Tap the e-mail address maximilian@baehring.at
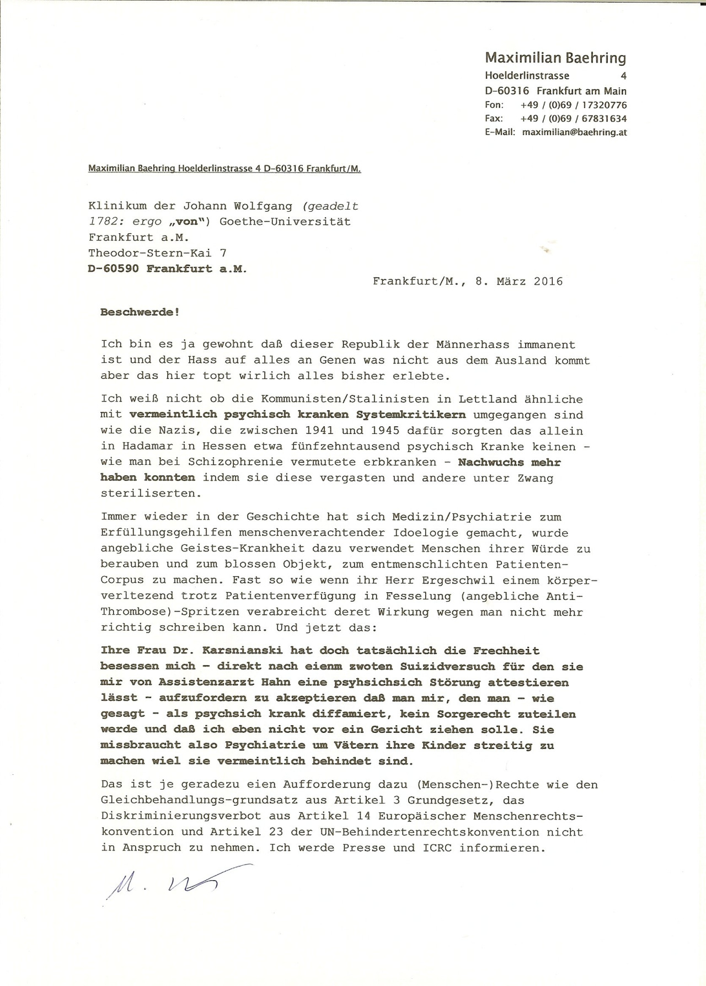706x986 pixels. pos(574,132)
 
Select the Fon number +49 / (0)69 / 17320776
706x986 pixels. pos(573,105)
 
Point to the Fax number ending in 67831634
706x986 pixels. pos(573,119)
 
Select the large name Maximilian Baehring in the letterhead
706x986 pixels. pos(555,58)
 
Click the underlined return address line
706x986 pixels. pos(224,169)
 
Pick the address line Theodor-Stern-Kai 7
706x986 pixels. pos(157,253)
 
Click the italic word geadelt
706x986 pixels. pos(330,206)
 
